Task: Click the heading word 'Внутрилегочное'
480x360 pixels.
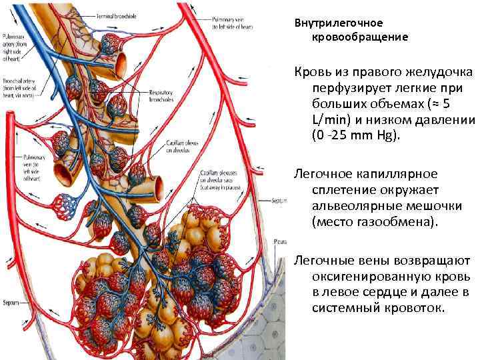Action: [339, 23]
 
